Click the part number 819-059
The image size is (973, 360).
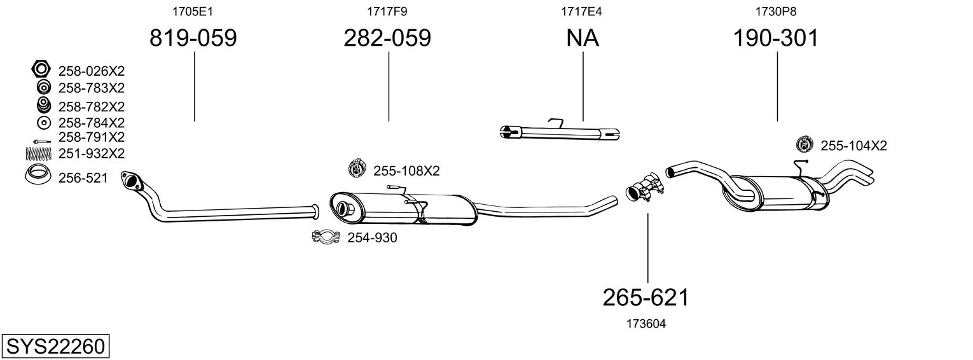tap(193, 39)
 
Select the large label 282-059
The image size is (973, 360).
tap(387, 39)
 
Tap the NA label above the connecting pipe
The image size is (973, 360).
tap(583, 39)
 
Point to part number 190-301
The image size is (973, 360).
tap(776, 39)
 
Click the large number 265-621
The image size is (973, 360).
tap(646, 297)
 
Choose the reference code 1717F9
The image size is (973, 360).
tap(387, 11)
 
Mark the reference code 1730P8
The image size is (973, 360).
tap(776, 11)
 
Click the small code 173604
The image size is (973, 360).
tap(647, 324)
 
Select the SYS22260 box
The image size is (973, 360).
tap(55, 347)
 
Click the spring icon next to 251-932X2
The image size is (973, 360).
tap(38, 153)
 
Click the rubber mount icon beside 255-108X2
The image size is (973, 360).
tap(357, 169)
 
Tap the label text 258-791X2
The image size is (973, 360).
tap(91, 137)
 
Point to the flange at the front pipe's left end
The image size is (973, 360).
tap(132, 181)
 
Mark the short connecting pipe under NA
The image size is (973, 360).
tap(559, 132)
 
